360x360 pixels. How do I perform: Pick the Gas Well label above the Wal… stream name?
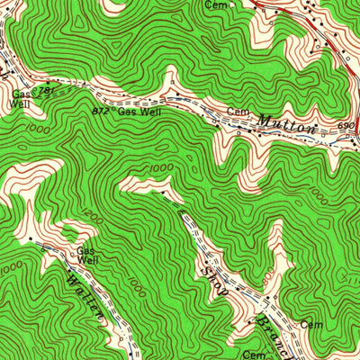click(x=86, y=256)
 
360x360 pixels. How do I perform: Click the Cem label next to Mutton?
click(x=237, y=111)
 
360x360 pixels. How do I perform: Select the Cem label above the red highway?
click(x=215, y=4)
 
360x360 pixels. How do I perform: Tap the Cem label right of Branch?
click(x=311, y=324)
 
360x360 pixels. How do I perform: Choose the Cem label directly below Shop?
click(x=252, y=355)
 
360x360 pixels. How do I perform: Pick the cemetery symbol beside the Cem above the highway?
click(x=236, y=4)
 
